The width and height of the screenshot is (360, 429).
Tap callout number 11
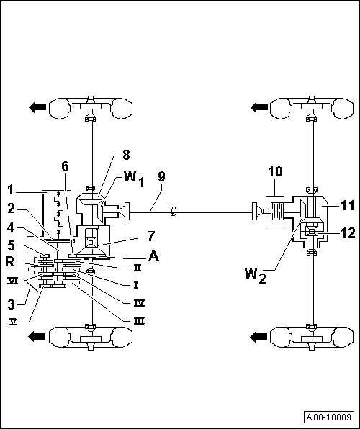348,206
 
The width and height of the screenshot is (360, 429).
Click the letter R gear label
11,261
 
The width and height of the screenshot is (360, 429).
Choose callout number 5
10,245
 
